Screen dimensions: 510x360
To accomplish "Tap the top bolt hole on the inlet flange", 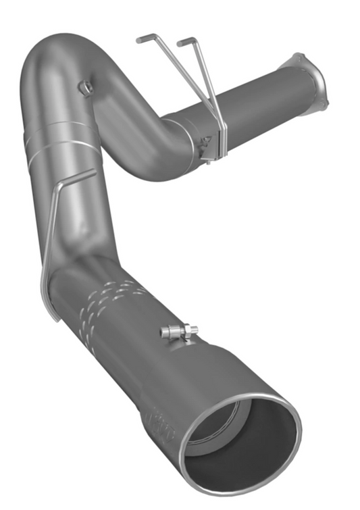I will pos(299,57).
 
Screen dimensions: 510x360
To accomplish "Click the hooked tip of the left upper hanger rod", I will pos(139,40).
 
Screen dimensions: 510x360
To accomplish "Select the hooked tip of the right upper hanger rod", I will pos(180,42).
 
